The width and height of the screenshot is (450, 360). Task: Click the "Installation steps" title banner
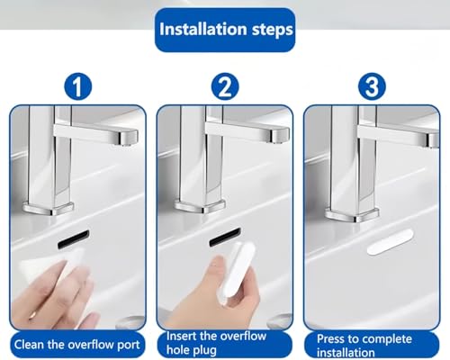tap(225, 30)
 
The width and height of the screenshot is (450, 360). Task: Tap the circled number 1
tap(77, 86)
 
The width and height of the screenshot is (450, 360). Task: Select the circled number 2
tap(225, 86)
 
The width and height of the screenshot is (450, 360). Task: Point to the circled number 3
tap(372, 86)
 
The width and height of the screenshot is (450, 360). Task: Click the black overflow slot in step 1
tap(74, 239)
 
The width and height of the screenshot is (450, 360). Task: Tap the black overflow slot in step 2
tap(225, 237)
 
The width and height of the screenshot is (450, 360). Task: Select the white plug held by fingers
tap(237, 272)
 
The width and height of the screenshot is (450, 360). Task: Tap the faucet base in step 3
tap(353, 215)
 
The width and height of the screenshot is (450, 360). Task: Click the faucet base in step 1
tap(49, 208)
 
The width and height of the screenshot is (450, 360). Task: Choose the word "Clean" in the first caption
tap(29, 345)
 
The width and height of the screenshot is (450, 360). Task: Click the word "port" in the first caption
tap(129, 346)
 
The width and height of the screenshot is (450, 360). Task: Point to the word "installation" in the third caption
tap(346, 353)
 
